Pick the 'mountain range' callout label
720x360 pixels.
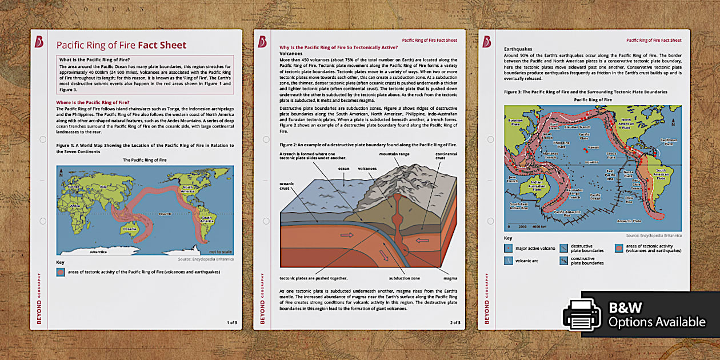pos(394,154)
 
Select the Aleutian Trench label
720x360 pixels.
pos(584,127)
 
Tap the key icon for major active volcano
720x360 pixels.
pos(508,248)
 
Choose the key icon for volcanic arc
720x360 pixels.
pos(508,261)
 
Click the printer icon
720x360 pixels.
pos(583,314)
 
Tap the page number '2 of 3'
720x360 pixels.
pos(455,323)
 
